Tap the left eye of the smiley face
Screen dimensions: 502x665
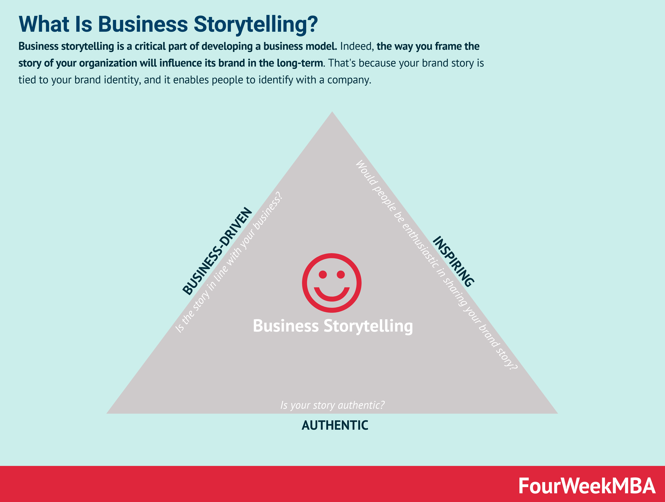coord(323,274)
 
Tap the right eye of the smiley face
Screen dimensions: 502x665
coord(341,274)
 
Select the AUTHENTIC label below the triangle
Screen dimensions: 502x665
coord(335,425)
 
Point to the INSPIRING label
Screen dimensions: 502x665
coord(453,261)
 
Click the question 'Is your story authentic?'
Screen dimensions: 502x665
coord(332,405)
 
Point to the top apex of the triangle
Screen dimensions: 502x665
coord(332,113)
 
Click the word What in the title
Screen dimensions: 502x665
coord(44,24)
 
